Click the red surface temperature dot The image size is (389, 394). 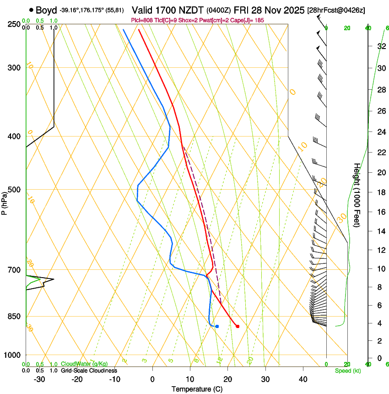click(237, 326)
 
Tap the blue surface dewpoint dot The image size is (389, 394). click(217, 326)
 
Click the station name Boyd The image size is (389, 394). click(46, 10)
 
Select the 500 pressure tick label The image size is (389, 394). click(14, 190)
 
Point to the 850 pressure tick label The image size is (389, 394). click(14, 317)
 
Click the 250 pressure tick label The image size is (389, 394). click(14, 24)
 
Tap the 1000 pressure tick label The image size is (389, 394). click(12, 355)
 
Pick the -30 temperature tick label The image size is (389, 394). click(39, 379)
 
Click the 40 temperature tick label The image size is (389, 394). click(303, 379)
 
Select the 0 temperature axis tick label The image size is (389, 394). click(152, 379)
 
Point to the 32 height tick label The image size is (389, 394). click(381, 46)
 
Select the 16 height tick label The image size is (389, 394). click(381, 212)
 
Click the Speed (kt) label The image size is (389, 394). click(347, 371)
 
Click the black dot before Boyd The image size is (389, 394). click(31, 10)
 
